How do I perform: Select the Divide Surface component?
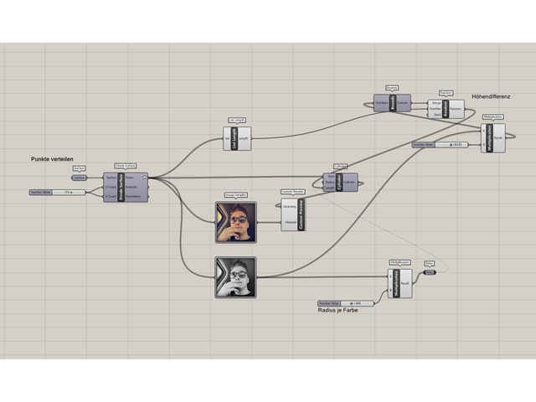(x=126, y=187)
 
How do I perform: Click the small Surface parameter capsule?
(x=79, y=178)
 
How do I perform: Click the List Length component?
(x=237, y=138)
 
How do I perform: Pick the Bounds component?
(x=391, y=103)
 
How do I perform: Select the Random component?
(x=446, y=109)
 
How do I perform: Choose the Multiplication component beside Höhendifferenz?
(x=493, y=137)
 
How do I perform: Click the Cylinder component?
(x=340, y=182)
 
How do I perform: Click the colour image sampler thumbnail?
(x=235, y=222)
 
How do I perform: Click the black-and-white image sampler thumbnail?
(x=235, y=277)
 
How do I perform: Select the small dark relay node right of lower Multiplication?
(x=429, y=272)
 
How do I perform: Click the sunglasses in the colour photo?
(x=238, y=219)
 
